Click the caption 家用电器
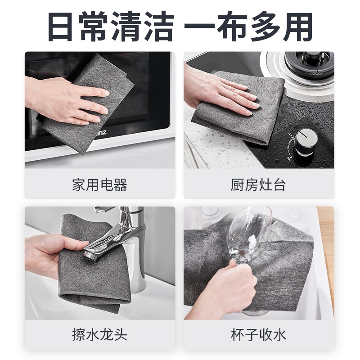[x=99, y=184]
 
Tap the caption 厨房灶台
[x=258, y=184]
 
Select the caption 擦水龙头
[x=99, y=335]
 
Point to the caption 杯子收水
[x=258, y=335]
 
